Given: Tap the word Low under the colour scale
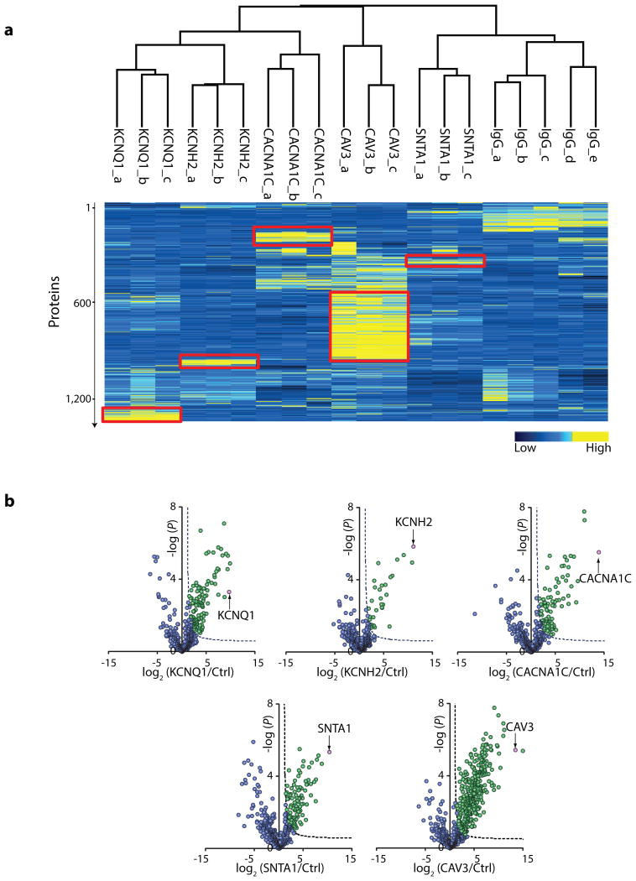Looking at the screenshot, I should point(524,448).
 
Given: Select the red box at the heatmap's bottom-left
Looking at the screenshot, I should point(141,414).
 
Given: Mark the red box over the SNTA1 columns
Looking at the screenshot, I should point(445,261).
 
